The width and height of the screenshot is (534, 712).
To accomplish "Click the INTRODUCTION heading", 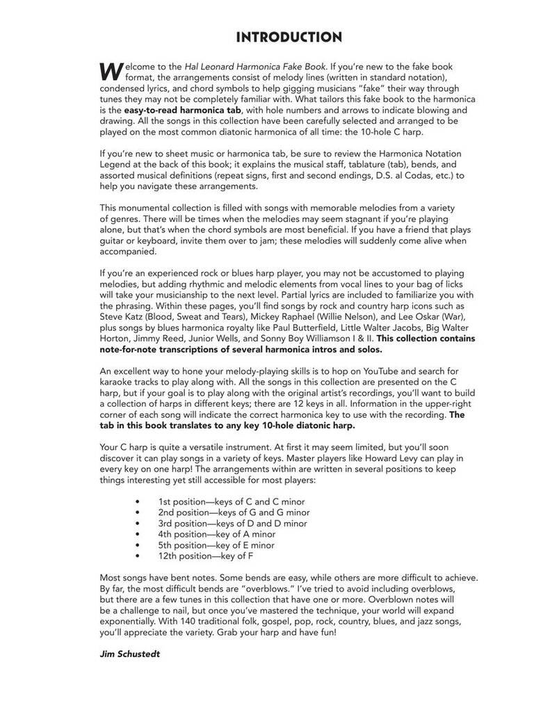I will [x=289, y=38].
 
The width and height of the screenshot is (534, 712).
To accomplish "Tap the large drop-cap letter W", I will [x=111, y=70].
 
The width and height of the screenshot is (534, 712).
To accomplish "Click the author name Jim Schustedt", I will [x=130, y=654].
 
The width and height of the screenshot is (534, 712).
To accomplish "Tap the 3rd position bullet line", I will [x=232, y=524].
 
